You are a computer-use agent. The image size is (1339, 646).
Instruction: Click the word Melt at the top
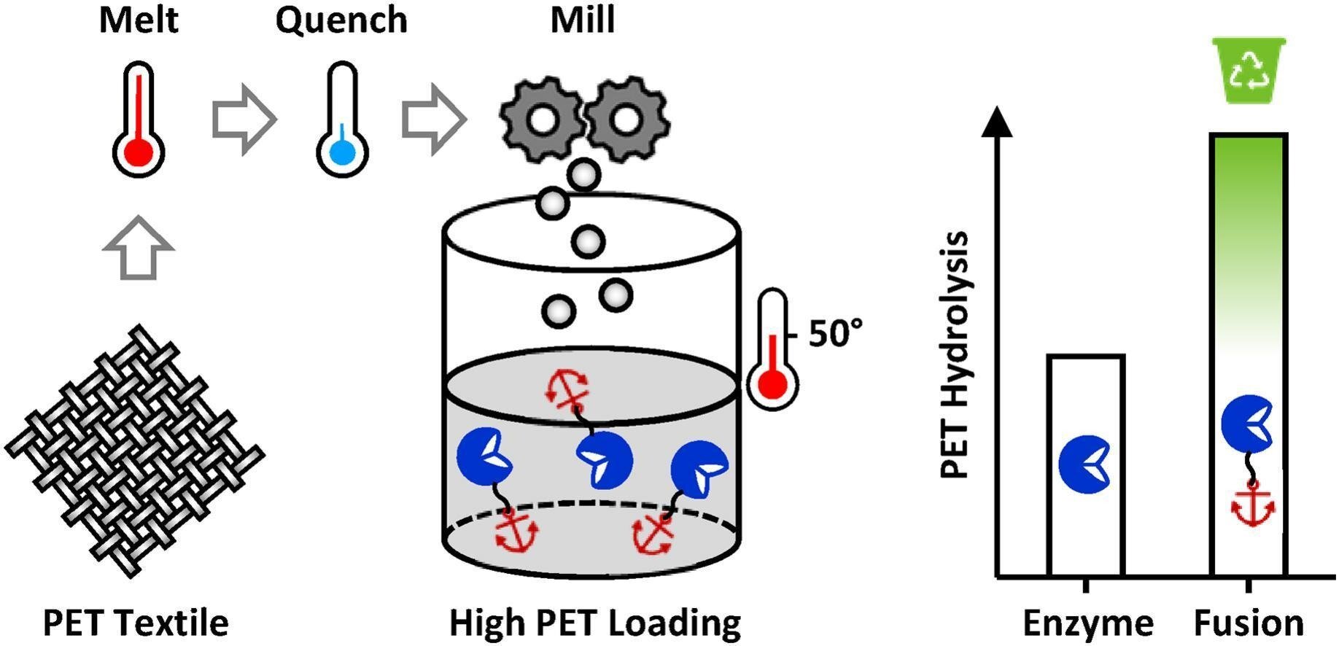(139, 20)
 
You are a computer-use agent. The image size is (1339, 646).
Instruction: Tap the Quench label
(341, 20)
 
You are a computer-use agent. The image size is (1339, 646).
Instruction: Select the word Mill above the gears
(582, 20)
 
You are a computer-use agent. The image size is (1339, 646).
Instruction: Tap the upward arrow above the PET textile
(139, 248)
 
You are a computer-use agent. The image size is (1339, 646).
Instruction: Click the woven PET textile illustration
(135, 452)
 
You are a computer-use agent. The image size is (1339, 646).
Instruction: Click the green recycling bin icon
(1249, 71)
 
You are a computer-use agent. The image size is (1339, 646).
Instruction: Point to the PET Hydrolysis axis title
(955, 355)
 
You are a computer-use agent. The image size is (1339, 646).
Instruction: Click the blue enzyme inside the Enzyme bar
(1084, 463)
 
